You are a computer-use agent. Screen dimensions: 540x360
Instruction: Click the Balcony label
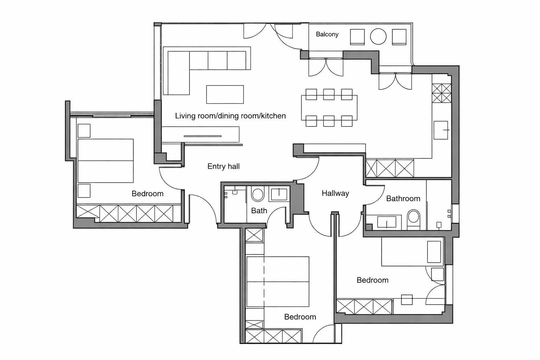click(327, 34)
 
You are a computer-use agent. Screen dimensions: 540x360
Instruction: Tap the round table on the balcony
click(378, 37)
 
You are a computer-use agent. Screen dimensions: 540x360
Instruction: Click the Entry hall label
click(224, 166)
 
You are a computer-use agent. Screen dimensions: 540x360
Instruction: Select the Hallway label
click(335, 193)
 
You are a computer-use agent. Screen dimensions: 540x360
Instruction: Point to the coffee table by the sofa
click(225, 94)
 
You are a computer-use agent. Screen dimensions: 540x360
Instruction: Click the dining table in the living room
click(329, 108)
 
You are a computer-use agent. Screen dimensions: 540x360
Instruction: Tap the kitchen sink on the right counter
click(441, 130)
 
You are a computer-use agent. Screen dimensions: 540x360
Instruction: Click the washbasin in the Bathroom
click(386, 222)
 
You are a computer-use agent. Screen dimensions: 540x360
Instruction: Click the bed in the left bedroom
click(105, 161)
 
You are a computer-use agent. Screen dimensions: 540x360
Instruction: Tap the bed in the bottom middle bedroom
click(278, 281)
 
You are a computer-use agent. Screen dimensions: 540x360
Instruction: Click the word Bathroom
click(403, 198)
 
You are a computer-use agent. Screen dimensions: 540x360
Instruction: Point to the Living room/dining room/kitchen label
click(230, 116)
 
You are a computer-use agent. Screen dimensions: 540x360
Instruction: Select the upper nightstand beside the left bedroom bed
click(84, 131)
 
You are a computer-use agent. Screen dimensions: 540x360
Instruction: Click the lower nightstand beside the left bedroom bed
click(84, 191)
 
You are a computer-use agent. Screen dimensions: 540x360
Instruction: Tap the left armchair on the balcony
click(357, 37)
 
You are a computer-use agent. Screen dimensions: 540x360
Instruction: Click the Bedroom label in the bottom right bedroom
click(372, 280)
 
